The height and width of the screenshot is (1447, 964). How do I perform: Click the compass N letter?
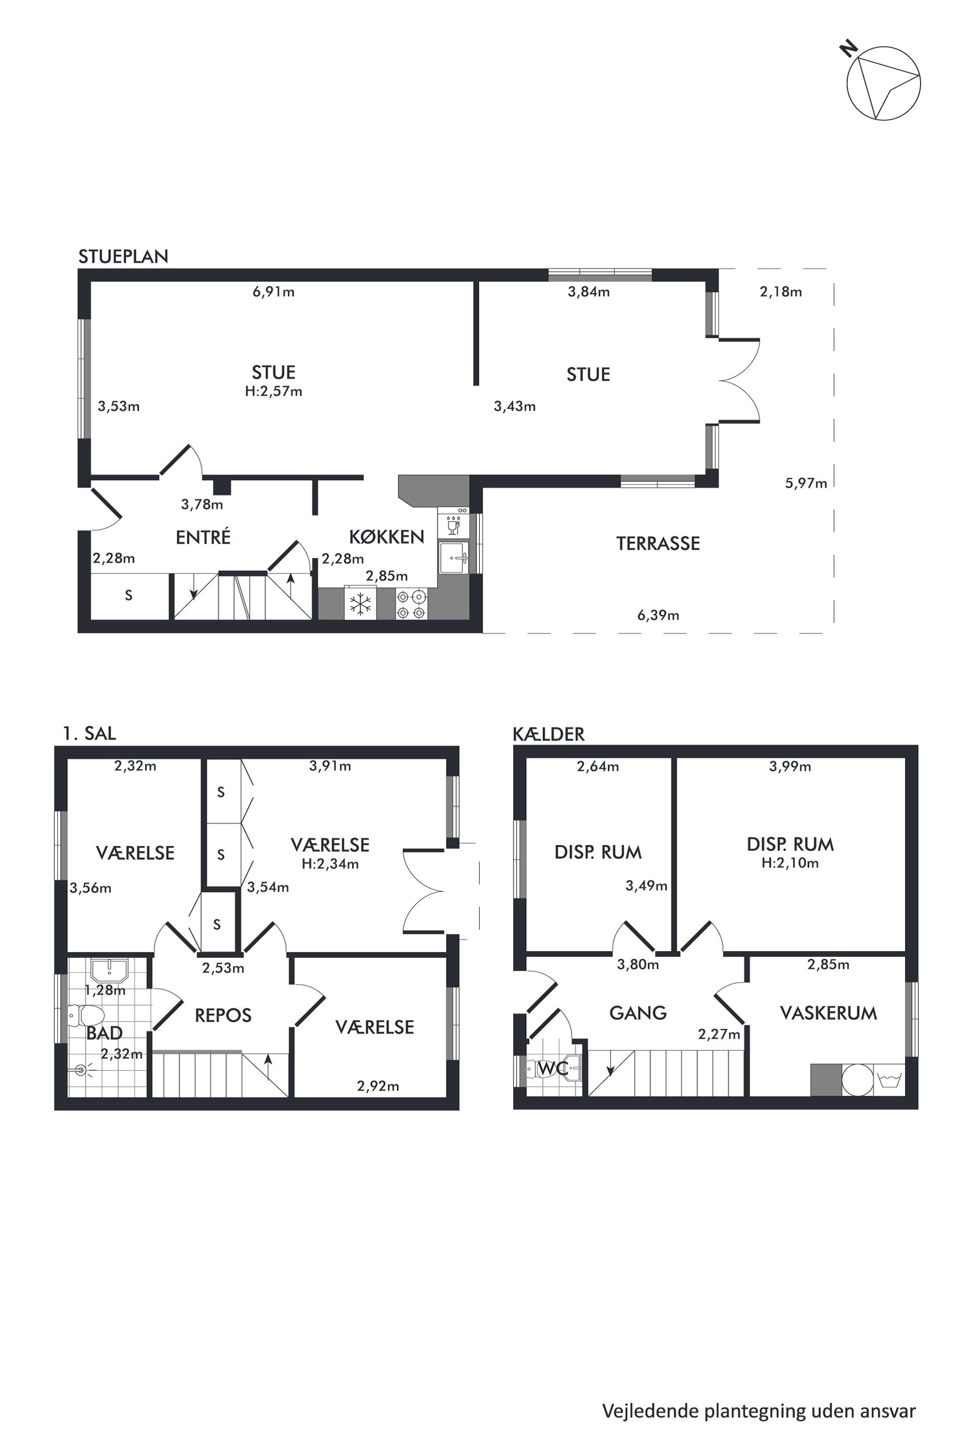[850, 49]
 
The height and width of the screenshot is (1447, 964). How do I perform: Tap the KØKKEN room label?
[387, 537]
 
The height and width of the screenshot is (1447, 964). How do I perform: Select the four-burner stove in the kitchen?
[411, 604]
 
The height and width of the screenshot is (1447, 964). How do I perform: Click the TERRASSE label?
[658, 543]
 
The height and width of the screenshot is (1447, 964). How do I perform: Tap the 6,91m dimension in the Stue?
[274, 292]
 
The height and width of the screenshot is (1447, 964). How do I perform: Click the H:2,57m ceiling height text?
[274, 391]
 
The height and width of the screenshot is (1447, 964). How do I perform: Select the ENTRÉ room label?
[203, 537]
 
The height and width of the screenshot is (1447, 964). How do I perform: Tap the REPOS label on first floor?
[223, 1016]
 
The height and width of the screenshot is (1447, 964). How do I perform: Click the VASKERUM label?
[828, 1013]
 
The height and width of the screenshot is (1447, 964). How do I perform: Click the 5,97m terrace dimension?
[806, 483]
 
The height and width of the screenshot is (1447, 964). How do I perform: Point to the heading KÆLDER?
[549, 734]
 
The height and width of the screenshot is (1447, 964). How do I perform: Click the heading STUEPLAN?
[123, 257]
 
